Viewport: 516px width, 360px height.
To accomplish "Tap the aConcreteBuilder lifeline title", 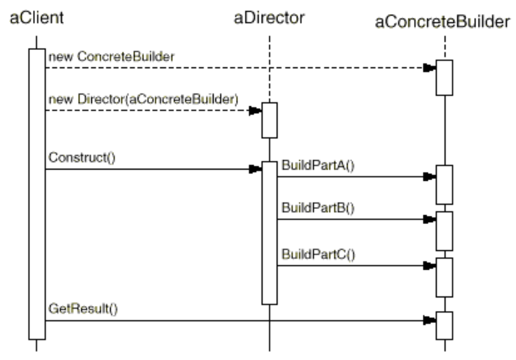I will click(443, 22).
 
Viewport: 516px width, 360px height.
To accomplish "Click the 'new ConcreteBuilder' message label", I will click(111, 57).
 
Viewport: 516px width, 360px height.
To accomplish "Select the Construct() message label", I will click(81, 158).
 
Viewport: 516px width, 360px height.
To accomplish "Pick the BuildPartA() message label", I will click(318, 167).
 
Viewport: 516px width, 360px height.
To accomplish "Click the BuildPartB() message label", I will click(318, 209).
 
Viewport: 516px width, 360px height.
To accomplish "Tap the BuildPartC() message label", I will click(318, 254).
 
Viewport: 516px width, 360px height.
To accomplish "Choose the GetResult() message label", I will click(83, 310).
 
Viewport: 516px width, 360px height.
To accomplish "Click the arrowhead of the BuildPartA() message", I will click(429, 177).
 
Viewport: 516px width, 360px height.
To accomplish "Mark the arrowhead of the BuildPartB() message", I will click(429, 219).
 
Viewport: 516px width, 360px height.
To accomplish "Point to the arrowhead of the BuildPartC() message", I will click(429, 266).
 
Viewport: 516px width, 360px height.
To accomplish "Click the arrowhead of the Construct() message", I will click(255, 169).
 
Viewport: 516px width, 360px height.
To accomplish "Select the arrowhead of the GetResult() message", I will click(429, 321).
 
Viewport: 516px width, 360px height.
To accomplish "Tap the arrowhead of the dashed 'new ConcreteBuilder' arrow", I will click(429, 68).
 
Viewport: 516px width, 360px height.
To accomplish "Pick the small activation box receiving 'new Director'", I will click(269, 121).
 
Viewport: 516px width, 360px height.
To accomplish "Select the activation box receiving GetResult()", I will click(444, 325).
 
